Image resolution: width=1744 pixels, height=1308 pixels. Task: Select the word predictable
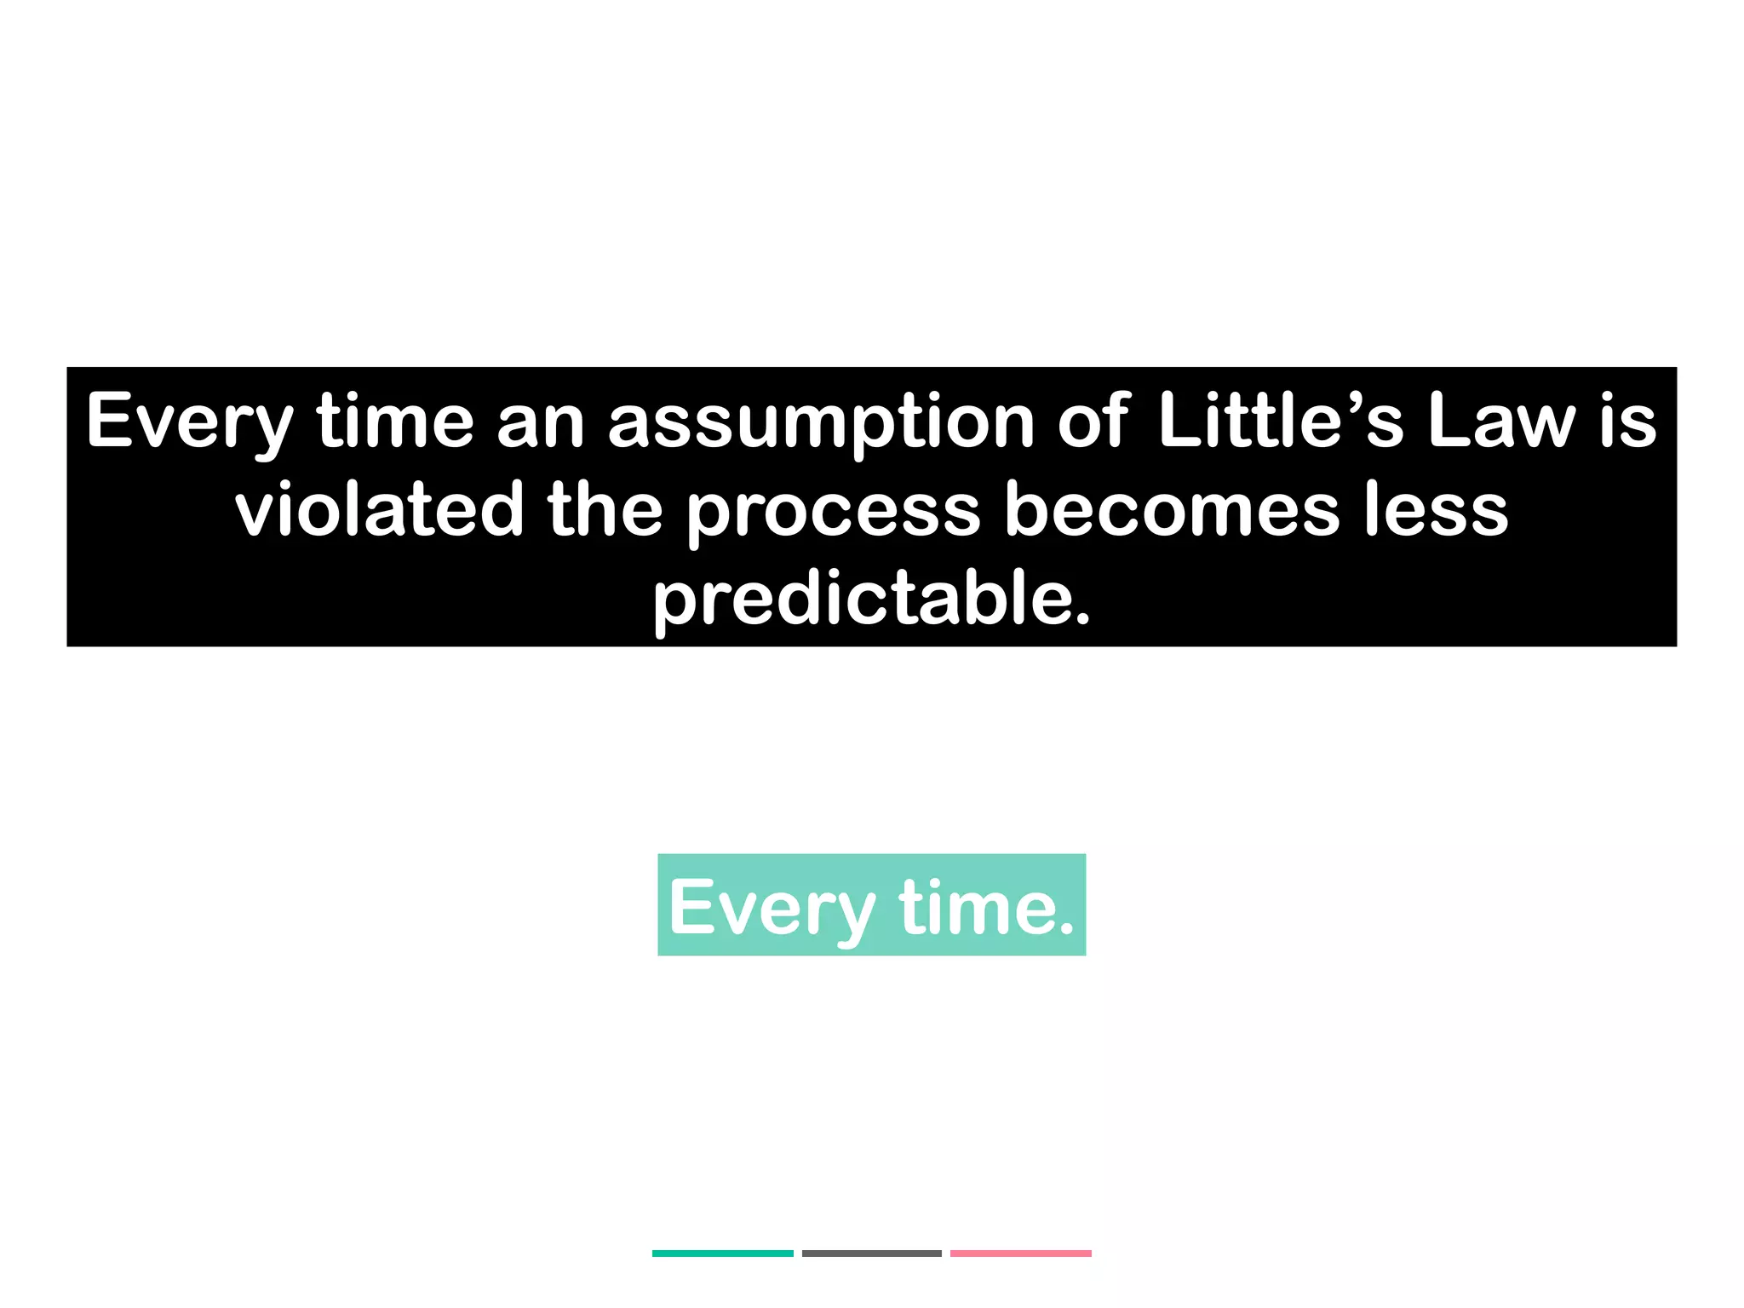coord(871,599)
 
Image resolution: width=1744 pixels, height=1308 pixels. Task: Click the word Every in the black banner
coord(190,423)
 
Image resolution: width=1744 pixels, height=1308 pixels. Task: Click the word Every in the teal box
coord(772,909)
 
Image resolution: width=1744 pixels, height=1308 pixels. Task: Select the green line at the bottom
coord(722,1253)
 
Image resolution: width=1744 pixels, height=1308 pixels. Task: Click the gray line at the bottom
coord(871,1253)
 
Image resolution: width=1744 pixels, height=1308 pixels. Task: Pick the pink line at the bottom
coord(1020,1253)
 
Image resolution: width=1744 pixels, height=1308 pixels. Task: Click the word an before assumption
coord(541,423)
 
